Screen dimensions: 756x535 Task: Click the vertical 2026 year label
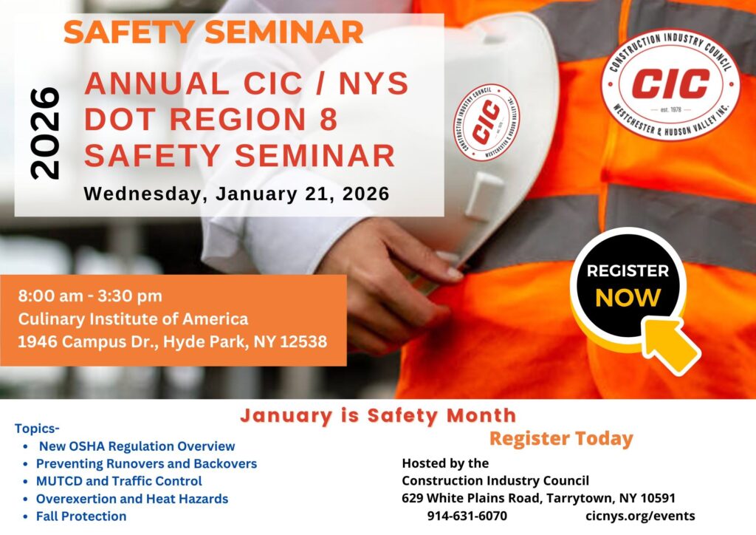(x=45, y=134)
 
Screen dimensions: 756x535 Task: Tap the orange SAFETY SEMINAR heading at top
(x=213, y=33)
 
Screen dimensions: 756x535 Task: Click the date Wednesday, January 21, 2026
(x=236, y=194)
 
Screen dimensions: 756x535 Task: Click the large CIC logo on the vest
(x=670, y=84)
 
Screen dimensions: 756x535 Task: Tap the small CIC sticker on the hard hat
(x=486, y=122)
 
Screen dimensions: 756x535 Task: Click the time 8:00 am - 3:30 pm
(x=90, y=296)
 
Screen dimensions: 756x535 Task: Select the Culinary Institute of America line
(x=133, y=319)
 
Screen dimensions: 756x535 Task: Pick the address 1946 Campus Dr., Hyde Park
(x=172, y=341)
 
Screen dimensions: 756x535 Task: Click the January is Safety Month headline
(x=378, y=415)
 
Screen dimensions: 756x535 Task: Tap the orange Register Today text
(x=561, y=438)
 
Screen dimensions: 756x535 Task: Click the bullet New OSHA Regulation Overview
(x=137, y=446)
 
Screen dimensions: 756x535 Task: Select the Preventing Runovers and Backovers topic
(x=147, y=463)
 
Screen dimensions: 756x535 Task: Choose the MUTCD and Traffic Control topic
(x=119, y=481)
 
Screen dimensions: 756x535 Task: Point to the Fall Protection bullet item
(x=81, y=517)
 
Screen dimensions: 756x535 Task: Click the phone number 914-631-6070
(x=467, y=516)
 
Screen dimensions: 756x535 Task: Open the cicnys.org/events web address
(x=640, y=517)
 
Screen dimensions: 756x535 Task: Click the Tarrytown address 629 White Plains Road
(x=538, y=498)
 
